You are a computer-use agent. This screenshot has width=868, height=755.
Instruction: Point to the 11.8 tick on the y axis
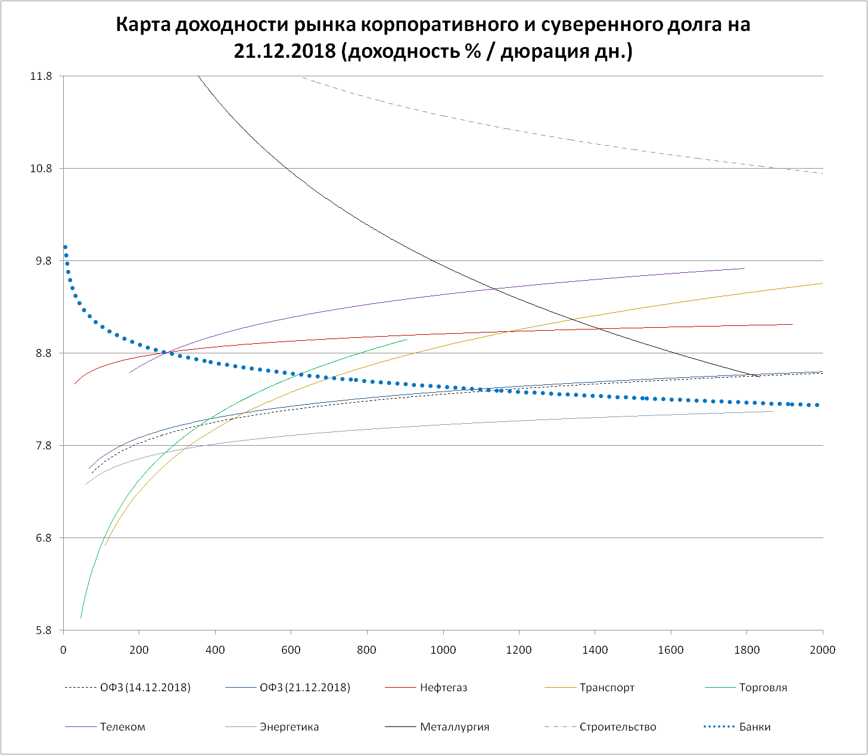(x=41, y=76)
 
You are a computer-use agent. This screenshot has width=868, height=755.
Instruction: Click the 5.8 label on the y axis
(x=43, y=630)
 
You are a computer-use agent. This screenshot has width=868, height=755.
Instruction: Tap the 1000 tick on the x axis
(x=443, y=650)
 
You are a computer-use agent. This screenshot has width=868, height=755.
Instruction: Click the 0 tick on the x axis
(x=64, y=650)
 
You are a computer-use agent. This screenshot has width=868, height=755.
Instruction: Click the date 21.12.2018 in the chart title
(x=285, y=51)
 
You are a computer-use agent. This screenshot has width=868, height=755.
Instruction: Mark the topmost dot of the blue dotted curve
(x=65, y=247)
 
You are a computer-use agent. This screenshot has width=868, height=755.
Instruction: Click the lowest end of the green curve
(x=81, y=617)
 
